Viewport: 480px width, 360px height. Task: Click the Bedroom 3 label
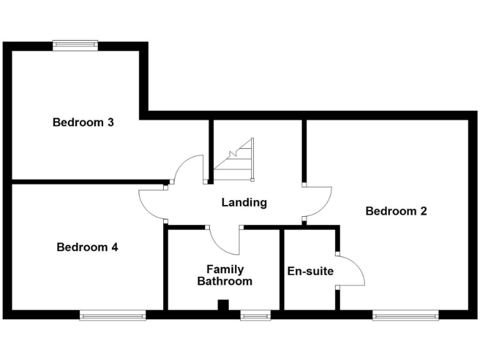point(82,122)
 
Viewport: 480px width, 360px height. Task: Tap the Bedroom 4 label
point(87,247)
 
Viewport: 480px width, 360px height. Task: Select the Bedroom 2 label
point(396,211)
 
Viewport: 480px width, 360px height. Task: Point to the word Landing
point(244,202)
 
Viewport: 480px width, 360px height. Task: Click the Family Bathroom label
point(224,275)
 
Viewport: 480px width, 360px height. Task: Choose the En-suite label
point(310,271)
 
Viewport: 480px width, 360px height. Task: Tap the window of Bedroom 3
point(75,45)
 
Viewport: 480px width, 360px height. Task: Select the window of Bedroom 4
point(112,316)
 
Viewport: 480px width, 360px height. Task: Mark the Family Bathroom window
point(255,316)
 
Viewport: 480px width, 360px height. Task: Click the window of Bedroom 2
point(405,316)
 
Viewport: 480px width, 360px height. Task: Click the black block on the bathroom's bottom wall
point(222,306)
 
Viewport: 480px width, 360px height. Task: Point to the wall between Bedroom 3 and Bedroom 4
point(87,182)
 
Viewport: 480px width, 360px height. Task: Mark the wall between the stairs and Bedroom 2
point(304,150)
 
